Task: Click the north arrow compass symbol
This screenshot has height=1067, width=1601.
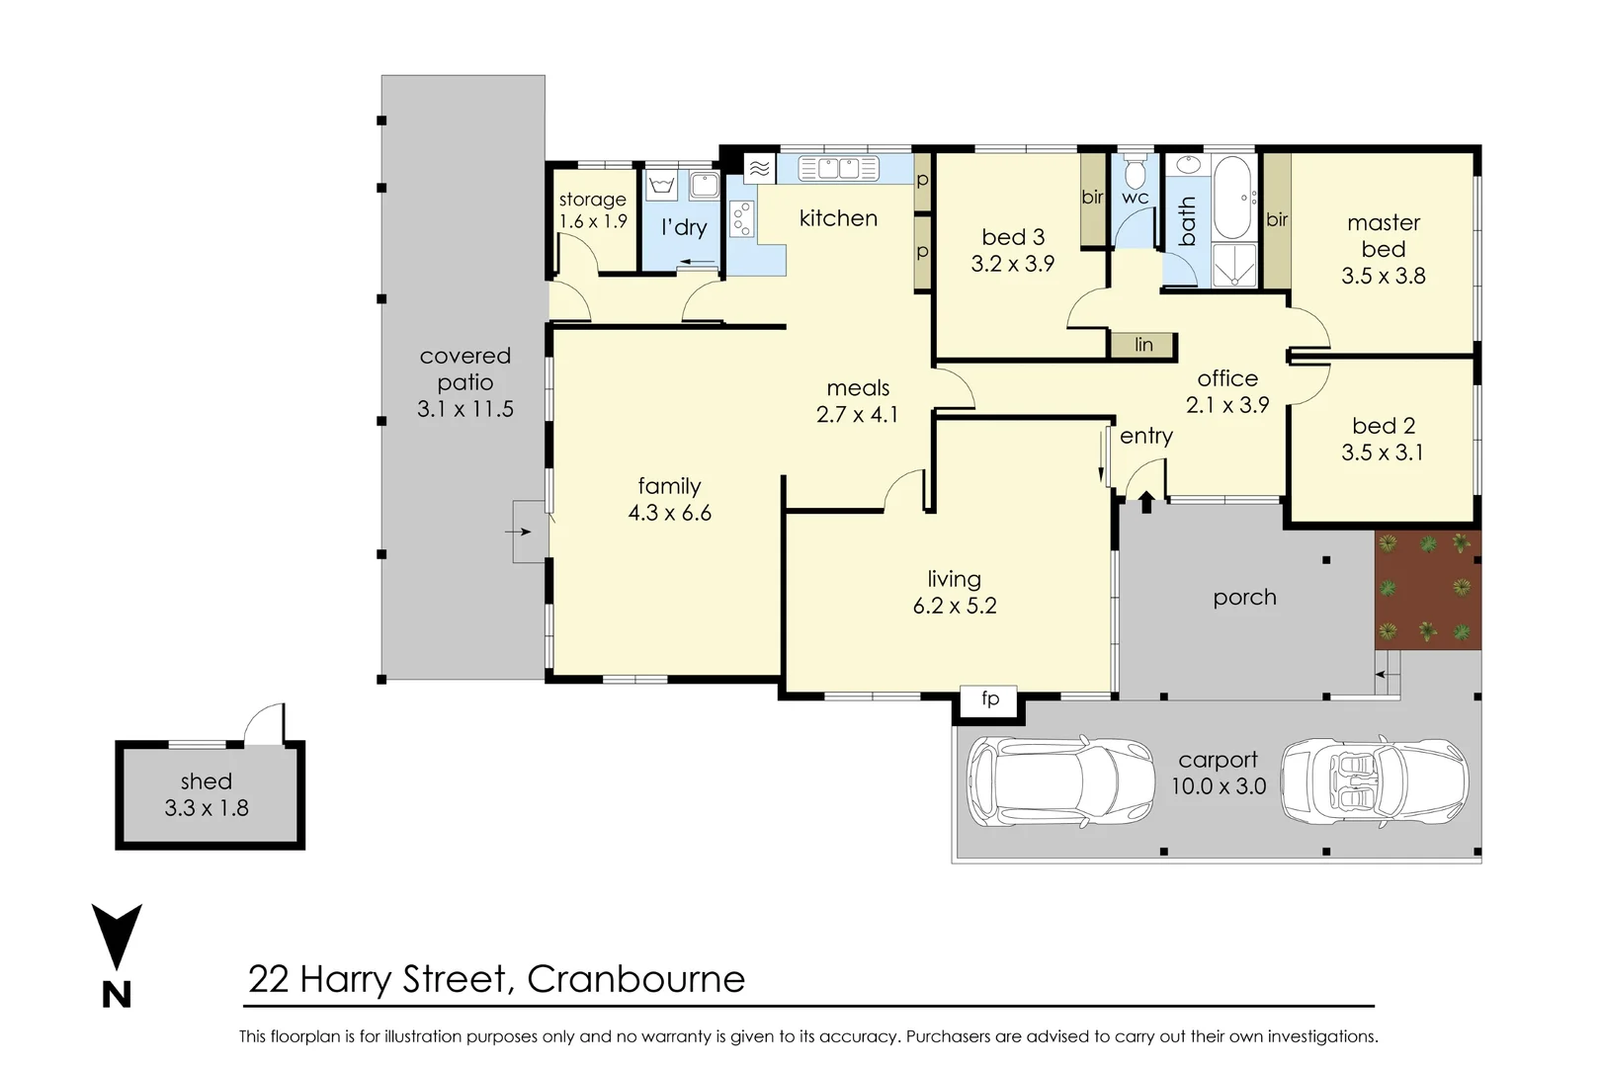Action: coord(117,939)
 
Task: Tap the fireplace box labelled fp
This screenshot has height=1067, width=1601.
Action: coord(989,699)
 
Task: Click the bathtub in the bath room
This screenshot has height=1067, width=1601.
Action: coord(1231,198)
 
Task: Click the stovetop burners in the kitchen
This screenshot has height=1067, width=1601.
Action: coord(741,219)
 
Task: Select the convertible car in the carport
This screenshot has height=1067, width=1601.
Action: coord(1374,780)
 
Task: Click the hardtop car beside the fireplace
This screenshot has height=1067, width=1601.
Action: coord(1060,780)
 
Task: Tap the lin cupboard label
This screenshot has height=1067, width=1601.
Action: coord(1143,345)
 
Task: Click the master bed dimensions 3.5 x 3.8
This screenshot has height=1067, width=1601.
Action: coord(1383,277)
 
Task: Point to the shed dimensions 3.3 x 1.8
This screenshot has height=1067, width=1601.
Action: coord(207,808)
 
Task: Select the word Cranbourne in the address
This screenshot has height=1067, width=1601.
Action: coord(635,979)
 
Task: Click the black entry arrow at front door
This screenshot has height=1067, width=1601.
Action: coord(1146,502)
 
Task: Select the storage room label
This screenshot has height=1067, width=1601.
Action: coord(592,200)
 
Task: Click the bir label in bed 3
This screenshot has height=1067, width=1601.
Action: coord(1092,197)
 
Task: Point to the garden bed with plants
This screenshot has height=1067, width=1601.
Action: coord(1427,590)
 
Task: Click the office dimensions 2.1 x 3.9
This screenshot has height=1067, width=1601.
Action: coord(1227,405)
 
